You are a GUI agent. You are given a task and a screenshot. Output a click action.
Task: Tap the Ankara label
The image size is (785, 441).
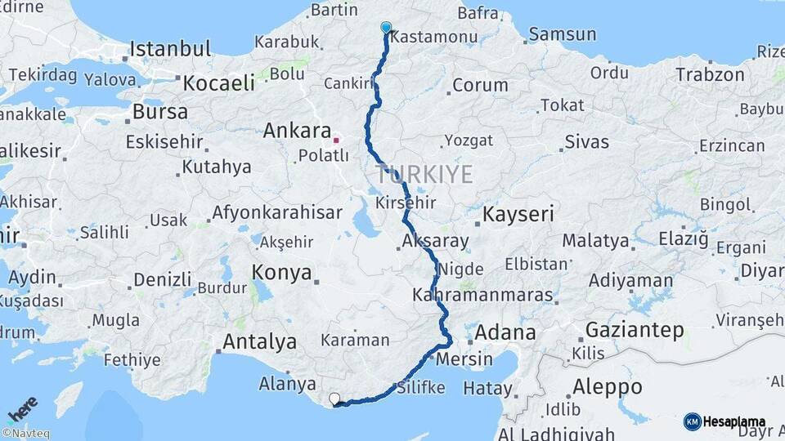(x=297, y=131)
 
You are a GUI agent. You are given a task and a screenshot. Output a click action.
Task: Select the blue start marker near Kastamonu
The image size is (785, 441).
(x=386, y=28)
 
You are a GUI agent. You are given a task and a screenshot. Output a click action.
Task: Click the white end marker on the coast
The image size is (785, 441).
(x=334, y=399)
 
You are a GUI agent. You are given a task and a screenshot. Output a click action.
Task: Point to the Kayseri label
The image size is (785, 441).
(x=518, y=215)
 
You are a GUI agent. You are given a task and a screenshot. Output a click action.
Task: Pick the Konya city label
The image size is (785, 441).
(x=281, y=273)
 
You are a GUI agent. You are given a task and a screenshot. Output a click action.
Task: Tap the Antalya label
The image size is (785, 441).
(x=259, y=341)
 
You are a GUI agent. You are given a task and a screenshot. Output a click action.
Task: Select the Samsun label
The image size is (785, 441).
(x=563, y=34)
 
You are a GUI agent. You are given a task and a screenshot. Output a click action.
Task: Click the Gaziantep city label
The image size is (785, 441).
(x=635, y=331)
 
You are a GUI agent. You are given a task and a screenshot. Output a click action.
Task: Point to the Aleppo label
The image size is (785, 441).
(x=608, y=386)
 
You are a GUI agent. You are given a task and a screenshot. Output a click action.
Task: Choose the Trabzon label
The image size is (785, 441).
(x=710, y=74)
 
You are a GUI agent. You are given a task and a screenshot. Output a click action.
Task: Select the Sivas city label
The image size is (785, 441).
(x=586, y=142)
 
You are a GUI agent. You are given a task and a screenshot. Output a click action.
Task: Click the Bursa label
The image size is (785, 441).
(x=159, y=111)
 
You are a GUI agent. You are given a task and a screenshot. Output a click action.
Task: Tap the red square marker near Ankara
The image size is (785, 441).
(x=335, y=140)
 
